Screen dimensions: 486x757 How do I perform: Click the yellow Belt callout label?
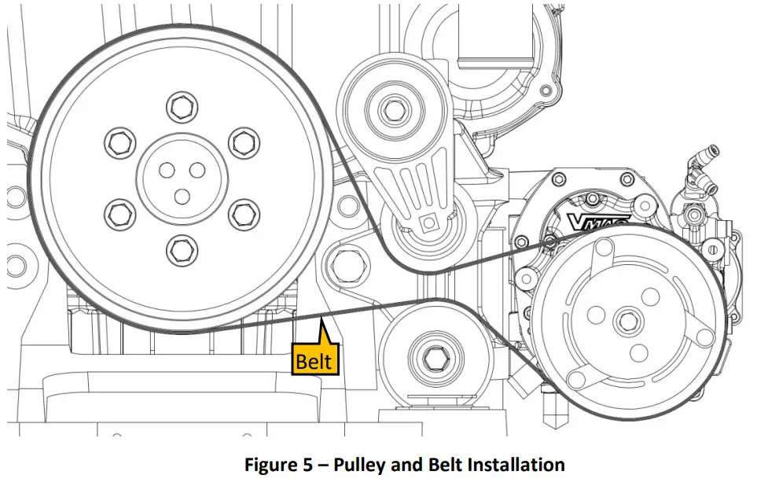[x=315, y=361]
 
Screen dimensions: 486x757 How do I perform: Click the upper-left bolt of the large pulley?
[x=119, y=141]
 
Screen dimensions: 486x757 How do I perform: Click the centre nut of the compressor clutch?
[x=627, y=320]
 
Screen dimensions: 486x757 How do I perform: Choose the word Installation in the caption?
[x=516, y=465]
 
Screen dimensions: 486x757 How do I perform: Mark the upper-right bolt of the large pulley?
[x=244, y=141]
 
